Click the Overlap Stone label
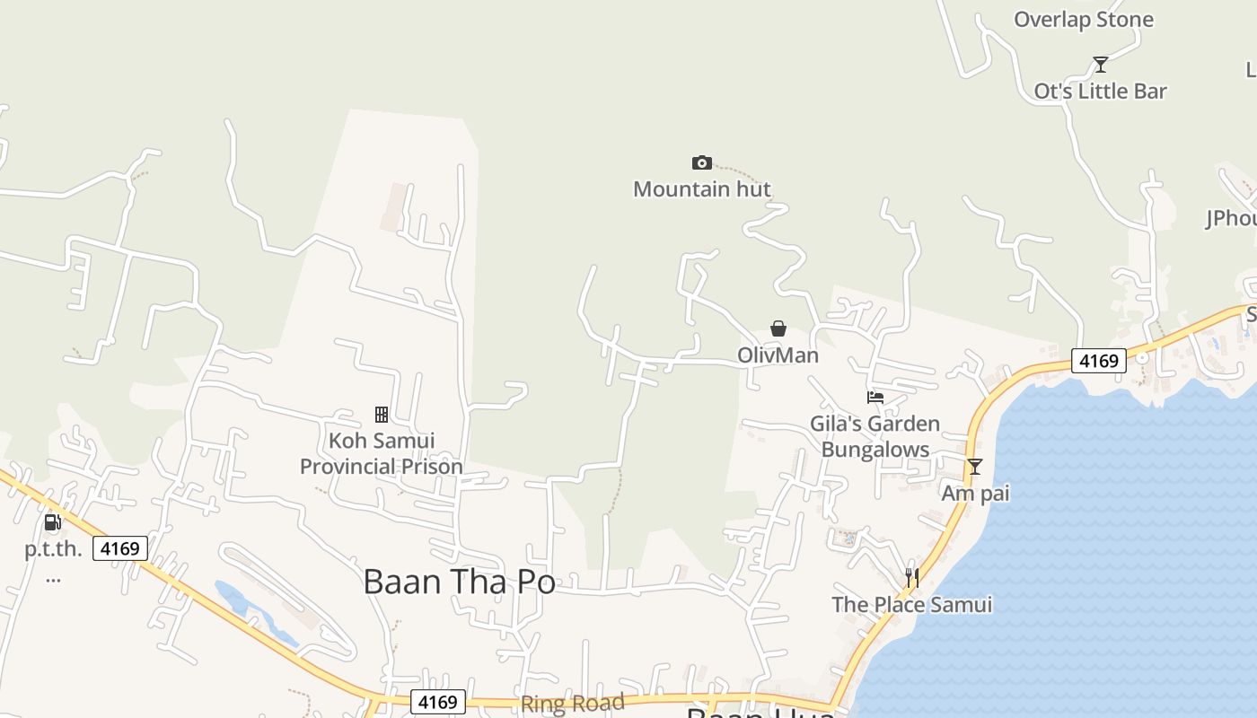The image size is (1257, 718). pyautogui.click(x=1083, y=20)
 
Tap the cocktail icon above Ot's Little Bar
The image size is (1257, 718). pyautogui.click(x=1100, y=65)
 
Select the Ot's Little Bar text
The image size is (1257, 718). pyautogui.click(x=1100, y=91)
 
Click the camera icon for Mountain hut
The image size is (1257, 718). pyautogui.click(x=702, y=162)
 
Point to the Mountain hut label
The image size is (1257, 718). pyautogui.click(x=702, y=189)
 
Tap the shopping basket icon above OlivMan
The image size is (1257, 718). pyautogui.click(x=778, y=329)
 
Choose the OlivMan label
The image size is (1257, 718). pyautogui.click(x=778, y=355)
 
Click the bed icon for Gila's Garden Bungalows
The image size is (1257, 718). pyautogui.click(x=875, y=397)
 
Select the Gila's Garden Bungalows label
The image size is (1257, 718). pyautogui.click(x=875, y=436)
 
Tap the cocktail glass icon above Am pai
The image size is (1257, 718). pyautogui.click(x=974, y=467)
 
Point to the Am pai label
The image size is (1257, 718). pyautogui.click(x=975, y=494)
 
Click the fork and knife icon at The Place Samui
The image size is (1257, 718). pyautogui.click(x=911, y=578)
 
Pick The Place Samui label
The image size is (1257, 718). pyautogui.click(x=911, y=605)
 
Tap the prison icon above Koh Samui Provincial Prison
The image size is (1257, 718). pyautogui.click(x=382, y=415)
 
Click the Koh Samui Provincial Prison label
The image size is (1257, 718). pyautogui.click(x=382, y=453)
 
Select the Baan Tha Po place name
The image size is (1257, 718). pyautogui.click(x=459, y=582)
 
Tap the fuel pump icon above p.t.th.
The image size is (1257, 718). pyautogui.click(x=52, y=522)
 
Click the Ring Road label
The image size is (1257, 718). pyautogui.click(x=572, y=703)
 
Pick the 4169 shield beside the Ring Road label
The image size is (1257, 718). pyautogui.click(x=438, y=702)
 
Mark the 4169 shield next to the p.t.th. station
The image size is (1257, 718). pyautogui.click(x=120, y=548)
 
